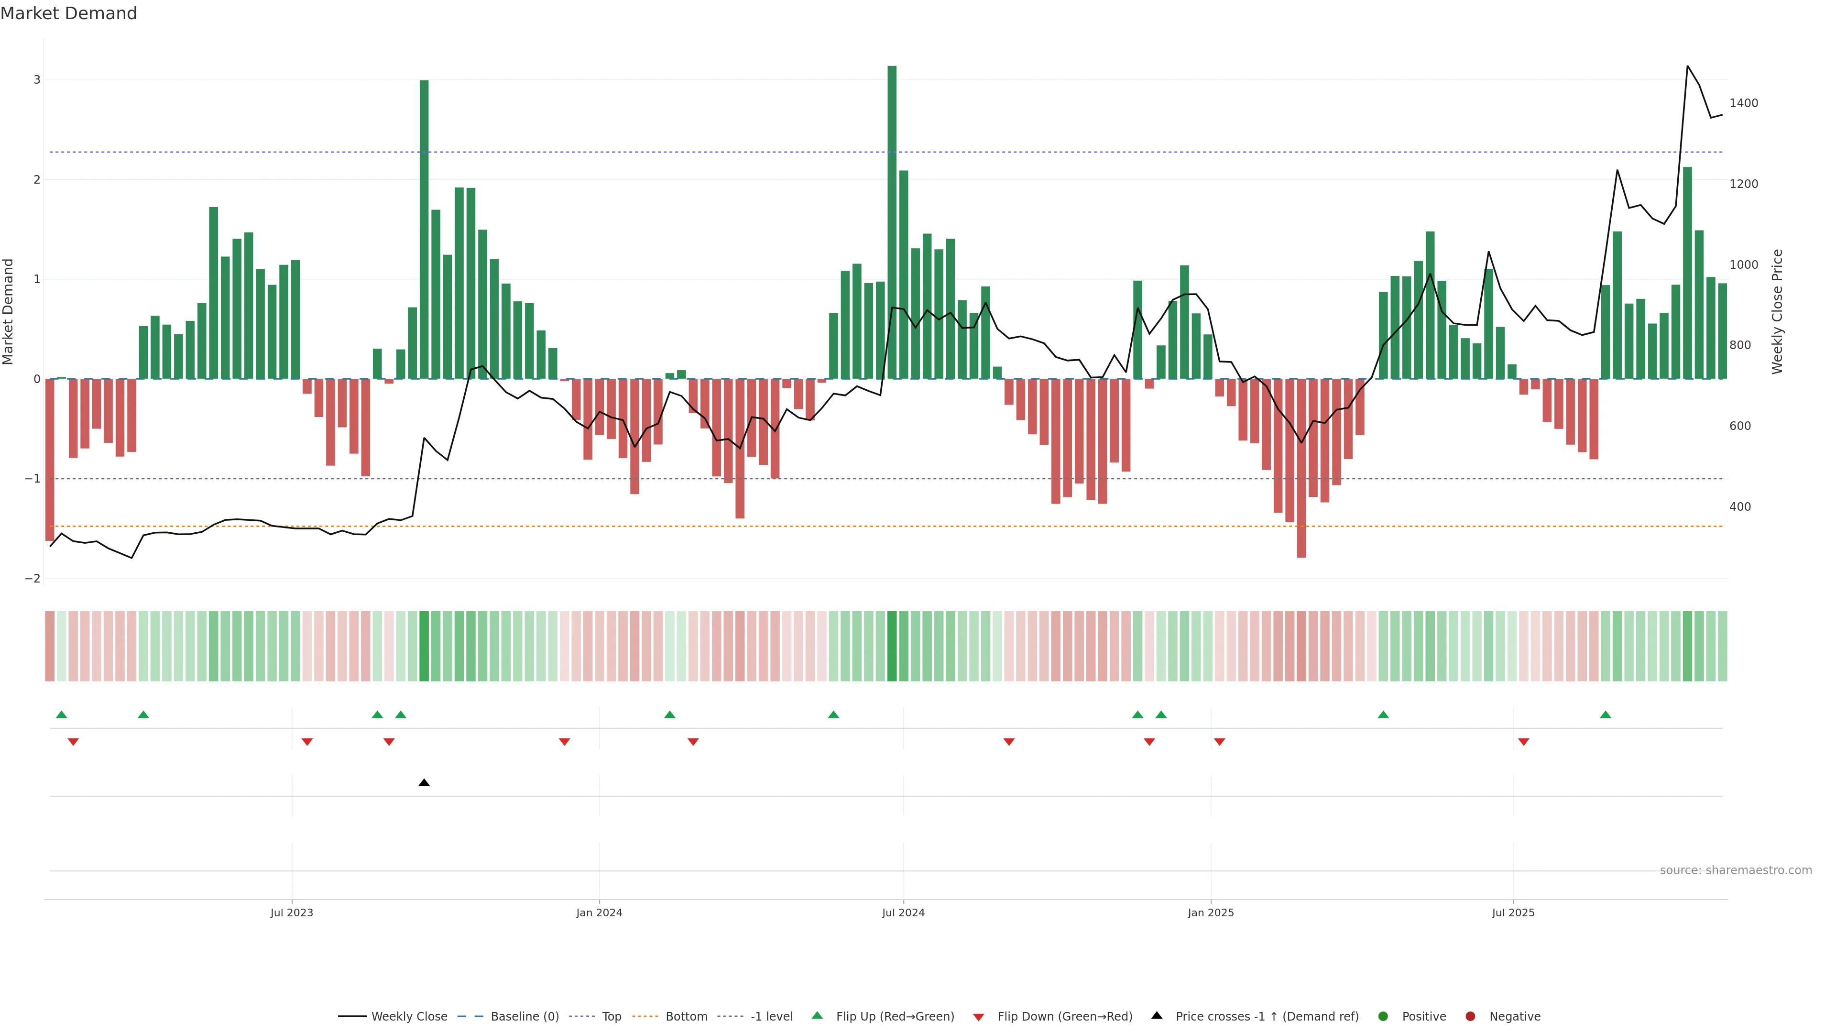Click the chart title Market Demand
[x=68, y=13]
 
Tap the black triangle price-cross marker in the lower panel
[x=424, y=783]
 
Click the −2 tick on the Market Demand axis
[x=33, y=578]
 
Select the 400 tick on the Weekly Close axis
[x=1740, y=507]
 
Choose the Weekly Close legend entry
[x=408, y=1017]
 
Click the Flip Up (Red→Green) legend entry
[x=895, y=1017]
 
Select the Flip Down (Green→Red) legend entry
[x=1064, y=1017]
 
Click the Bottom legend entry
[x=686, y=1017]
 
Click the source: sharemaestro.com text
[x=1736, y=870]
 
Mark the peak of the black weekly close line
[x=1687, y=66]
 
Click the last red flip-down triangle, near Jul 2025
[x=1524, y=742]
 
